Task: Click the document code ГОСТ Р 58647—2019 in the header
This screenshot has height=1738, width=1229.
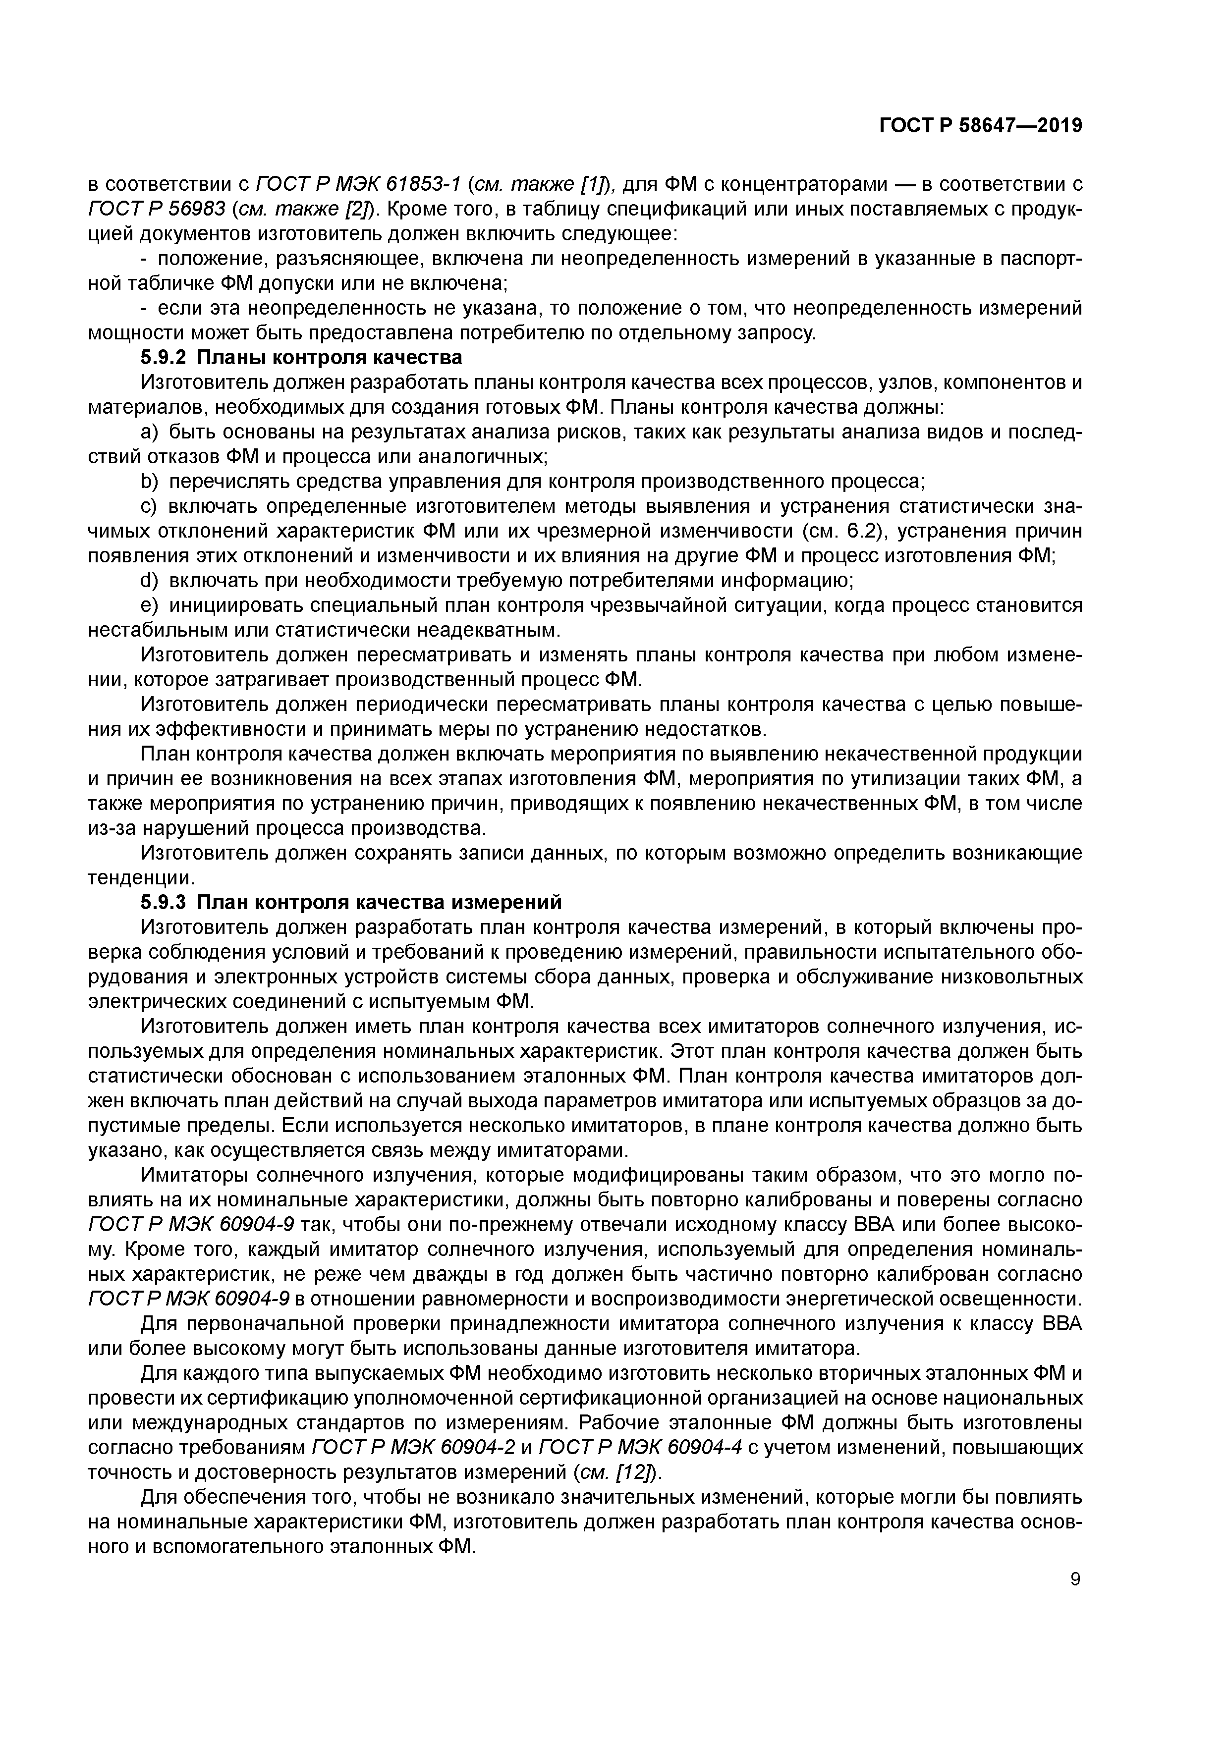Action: pyautogui.click(x=981, y=126)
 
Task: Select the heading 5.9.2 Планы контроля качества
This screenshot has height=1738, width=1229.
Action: pyautogui.click(x=301, y=357)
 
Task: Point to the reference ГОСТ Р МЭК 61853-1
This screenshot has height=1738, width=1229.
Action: pyautogui.click(x=360, y=184)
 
